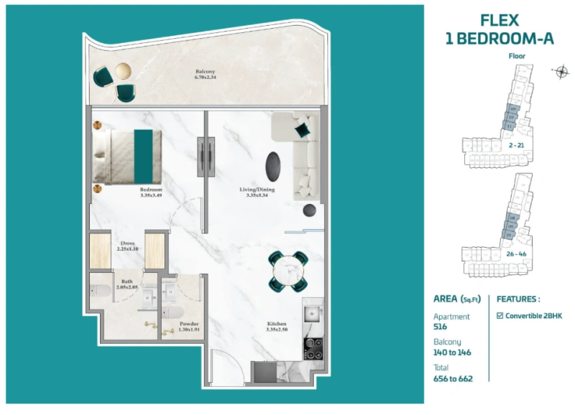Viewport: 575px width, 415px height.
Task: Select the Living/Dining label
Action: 257,190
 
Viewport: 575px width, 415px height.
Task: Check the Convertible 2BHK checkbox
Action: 500,316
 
